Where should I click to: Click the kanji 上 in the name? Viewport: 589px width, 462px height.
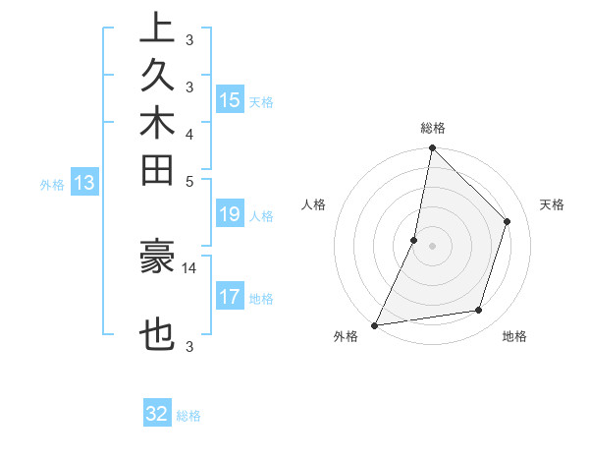tap(157, 28)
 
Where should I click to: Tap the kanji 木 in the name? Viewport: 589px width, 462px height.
tap(157, 124)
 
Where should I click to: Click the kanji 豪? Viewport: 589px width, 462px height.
tap(157, 256)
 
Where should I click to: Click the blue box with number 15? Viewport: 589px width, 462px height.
tap(230, 99)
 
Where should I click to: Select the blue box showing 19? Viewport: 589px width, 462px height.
tap(230, 214)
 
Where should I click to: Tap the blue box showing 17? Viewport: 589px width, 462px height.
tap(230, 297)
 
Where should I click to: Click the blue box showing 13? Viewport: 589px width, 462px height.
tap(84, 182)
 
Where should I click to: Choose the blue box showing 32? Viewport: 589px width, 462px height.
tap(157, 414)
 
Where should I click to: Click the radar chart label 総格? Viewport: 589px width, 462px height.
tap(433, 128)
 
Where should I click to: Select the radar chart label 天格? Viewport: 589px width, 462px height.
tap(552, 204)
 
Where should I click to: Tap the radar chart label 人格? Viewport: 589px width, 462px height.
tap(314, 204)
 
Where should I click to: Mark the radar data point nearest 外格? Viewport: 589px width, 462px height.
tap(374, 325)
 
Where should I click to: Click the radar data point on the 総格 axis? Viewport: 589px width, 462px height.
tap(432, 148)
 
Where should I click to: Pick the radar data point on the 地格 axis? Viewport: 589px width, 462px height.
tap(479, 311)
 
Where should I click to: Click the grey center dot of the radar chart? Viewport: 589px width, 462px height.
tap(432, 246)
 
